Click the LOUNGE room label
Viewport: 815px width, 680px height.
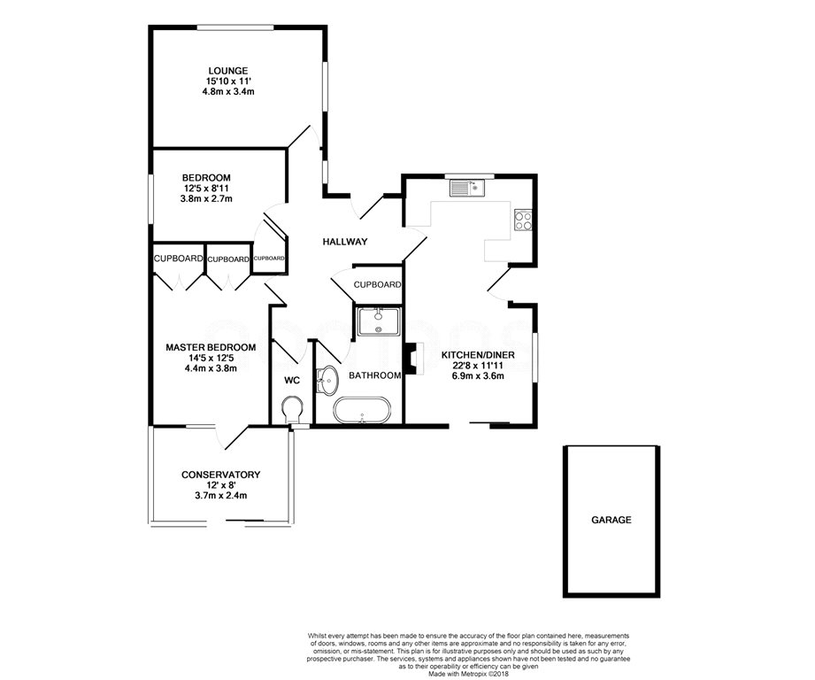click(x=227, y=71)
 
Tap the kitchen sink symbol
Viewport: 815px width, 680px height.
click(x=466, y=189)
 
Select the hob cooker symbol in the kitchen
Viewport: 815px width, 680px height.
click(x=523, y=220)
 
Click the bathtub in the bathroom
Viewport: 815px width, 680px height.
click(x=361, y=411)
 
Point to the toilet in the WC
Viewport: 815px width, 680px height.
click(x=292, y=410)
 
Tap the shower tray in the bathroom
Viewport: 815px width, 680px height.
click(x=379, y=321)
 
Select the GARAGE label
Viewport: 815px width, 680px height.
click(x=611, y=520)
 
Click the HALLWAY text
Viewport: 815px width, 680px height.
click(x=344, y=242)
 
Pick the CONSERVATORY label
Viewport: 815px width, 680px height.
click(x=220, y=475)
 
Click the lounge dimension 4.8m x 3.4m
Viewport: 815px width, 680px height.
click(x=228, y=91)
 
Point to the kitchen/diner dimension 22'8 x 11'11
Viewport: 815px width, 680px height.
click(x=478, y=366)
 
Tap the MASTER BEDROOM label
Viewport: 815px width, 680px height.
click(x=211, y=347)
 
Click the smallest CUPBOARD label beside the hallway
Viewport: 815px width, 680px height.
click(x=269, y=259)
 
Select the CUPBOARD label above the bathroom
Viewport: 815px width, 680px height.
click(x=377, y=285)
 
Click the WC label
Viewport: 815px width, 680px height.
click(x=292, y=381)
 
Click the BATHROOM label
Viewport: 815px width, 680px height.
click(x=374, y=375)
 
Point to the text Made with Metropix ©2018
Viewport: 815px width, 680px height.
click(x=468, y=674)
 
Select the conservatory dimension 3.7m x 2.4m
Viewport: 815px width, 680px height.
click(x=221, y=496)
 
